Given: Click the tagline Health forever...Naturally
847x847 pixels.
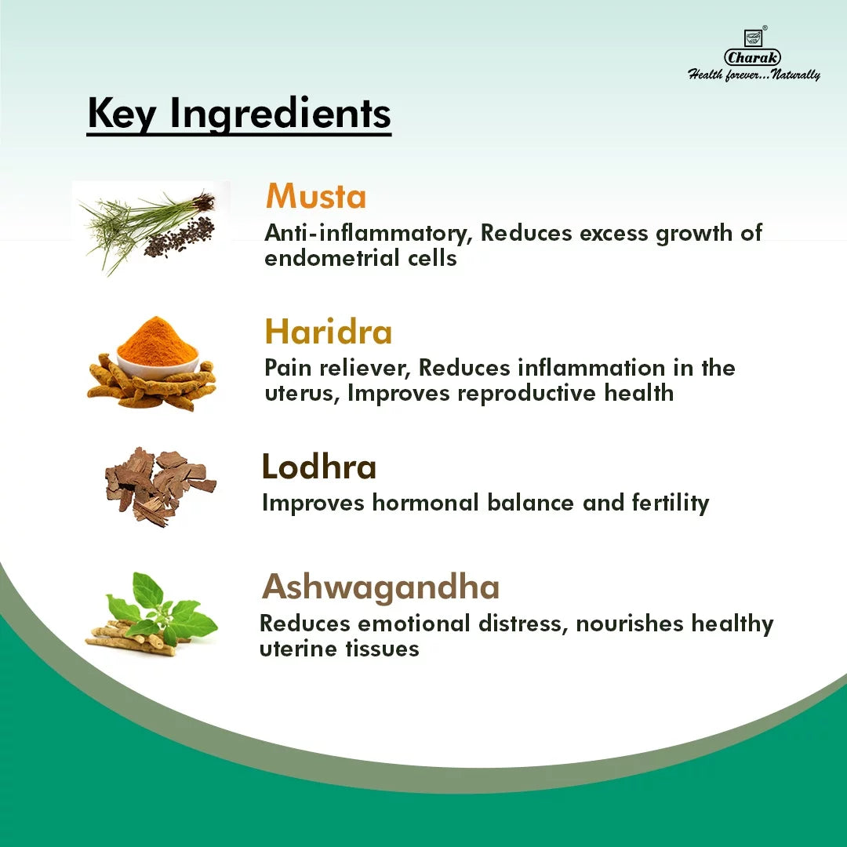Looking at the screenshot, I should (754, 75).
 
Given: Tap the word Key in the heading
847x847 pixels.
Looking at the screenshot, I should (122, 114).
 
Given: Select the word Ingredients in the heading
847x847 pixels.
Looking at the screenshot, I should (281, 115).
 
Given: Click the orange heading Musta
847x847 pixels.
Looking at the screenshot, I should (315, 196).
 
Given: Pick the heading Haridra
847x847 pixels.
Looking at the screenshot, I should (328, 332).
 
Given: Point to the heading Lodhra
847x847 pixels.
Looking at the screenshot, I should (318, 467).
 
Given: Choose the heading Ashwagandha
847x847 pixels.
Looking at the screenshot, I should (380, 587).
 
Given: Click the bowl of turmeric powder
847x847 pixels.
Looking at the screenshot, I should (158, 345).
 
